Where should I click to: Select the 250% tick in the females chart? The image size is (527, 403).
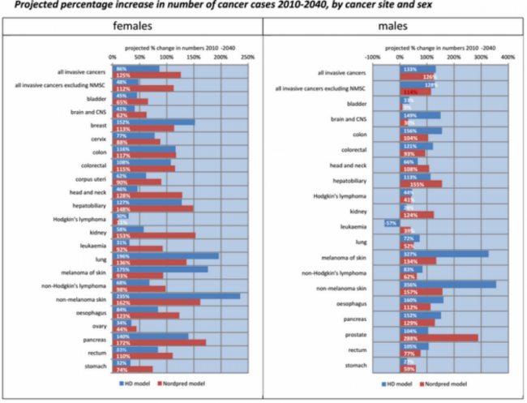point(249,58)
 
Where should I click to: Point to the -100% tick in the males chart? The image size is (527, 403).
point(371,58)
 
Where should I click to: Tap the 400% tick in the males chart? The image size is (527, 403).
point(508,58)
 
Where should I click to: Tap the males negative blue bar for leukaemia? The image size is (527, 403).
point(391,222)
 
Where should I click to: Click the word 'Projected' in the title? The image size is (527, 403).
point(25,5)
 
